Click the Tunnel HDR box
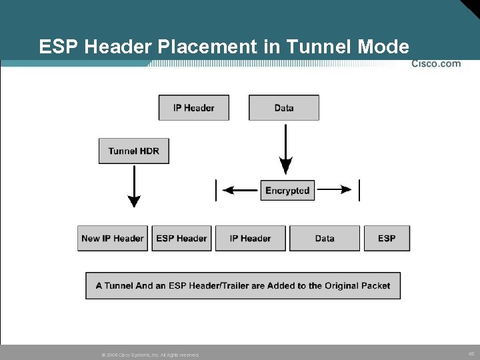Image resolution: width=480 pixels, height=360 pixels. tap(133, 151)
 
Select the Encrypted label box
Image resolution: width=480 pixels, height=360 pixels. tap(287, 190)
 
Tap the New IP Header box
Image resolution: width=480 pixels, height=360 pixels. tap(113, 238)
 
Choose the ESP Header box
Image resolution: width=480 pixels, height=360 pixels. tap(181, 238)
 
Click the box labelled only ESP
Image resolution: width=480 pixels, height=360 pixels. tap(387, 238)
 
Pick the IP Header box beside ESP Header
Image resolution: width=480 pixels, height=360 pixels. tap(250, 238)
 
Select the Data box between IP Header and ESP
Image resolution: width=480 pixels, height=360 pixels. tap(325, 238)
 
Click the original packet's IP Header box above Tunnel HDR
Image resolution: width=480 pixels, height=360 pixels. tap(193, 107)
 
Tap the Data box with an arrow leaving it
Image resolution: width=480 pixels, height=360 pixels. tap(284, 107)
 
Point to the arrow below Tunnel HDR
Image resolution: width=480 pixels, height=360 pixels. tap(134, 186)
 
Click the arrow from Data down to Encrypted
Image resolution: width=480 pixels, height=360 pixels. tap(285, 150)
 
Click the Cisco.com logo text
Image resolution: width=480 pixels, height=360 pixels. tap(436, 64)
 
